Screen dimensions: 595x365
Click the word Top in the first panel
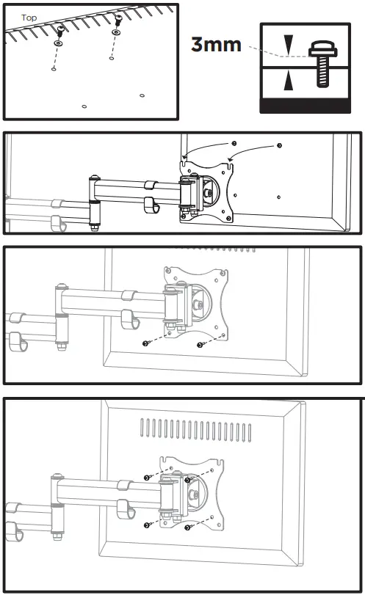[29, 17]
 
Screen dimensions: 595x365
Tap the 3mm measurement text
[216, 45]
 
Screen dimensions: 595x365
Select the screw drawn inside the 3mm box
[321, 65]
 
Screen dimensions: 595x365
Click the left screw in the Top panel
[59, 30]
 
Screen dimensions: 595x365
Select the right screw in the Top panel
[118, 29]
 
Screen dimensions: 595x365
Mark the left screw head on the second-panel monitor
[234, 142]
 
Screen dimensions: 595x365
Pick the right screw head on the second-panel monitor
[279, 146]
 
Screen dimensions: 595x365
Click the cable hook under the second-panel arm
[151, 205]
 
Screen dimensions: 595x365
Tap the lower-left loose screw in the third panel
[148, 342]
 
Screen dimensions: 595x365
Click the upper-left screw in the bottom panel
[148, 477]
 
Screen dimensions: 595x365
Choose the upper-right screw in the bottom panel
[189, 480]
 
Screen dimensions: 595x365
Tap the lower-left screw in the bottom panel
[148, 523]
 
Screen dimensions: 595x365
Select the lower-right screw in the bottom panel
[189, 527]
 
